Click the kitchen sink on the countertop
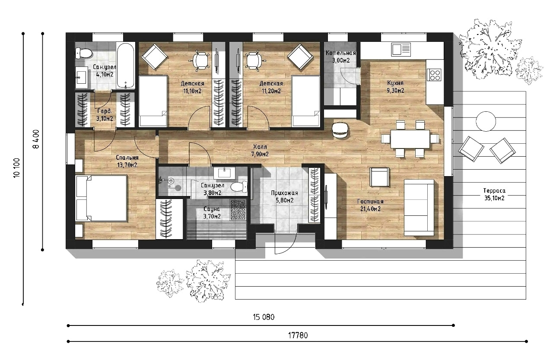pos(400,50)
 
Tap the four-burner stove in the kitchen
pos(435,75)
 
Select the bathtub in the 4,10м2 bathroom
pos(126,66)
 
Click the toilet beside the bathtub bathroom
pos(83,53)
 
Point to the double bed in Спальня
pos(101,198)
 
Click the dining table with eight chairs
pos(410,139)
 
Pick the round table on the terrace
pos(486,121)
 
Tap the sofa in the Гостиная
pos(419,207)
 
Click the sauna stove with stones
pos(238,210)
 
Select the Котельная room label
pos(341,53)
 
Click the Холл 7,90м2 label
pos(260,151)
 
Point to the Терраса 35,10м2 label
pos(494,194)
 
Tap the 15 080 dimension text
pos(264,317)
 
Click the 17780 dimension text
pos(298,335)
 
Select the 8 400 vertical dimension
pos(36,139)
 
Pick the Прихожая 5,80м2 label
pos(285,196)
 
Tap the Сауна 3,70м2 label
pos(212,213)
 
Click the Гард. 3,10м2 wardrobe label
pos(105,115)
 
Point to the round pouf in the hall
pos(340,130)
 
